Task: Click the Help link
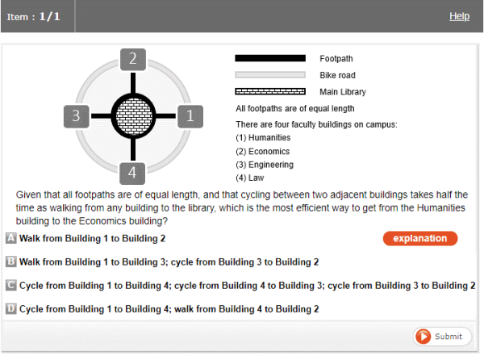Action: point(459,16)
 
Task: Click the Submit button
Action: point(442,337)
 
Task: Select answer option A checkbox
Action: point(11,238)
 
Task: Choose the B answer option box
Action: point(11,262)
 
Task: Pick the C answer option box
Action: point(11,285)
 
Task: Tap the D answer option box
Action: point(11,308)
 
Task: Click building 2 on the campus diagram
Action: point(133,59)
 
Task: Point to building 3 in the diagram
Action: point(77,116)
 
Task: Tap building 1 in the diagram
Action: point(190,116)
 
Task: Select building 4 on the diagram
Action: point(132,174)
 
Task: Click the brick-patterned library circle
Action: point(134,116)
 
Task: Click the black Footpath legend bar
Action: point(270,58)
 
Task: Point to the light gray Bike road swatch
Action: point(270,75)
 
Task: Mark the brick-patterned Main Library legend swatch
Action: point(270,91)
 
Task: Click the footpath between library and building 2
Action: point(133,82)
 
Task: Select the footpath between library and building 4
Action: point(133,150)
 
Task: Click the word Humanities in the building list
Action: point(269,137)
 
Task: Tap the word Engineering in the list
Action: point(271,165)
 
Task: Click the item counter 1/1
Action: point(49,16)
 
